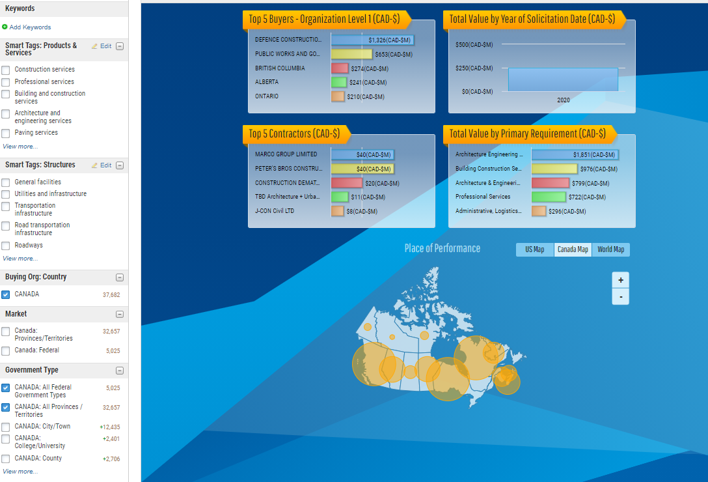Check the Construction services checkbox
[x=6, y=70]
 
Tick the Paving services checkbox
[x=6, y=134]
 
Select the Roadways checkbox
[x=6, y=246]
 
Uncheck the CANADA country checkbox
[x=6, y=295]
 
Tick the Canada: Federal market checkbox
[x=6, y=351]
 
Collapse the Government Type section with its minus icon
[x=120, y=371]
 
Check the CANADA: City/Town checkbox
[x=6, y=427]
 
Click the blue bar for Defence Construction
[x=372, y=40]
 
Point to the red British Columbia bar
[x=340, y=68]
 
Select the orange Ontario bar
[x=338, y=96]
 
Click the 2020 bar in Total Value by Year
[x=563, y=79]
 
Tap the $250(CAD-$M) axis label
[x=474, y=68]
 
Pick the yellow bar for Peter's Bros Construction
[x=362, y=169]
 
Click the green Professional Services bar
[x=549, y=197]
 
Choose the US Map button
[x=535, y=249]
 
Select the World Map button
[x=611, y=249]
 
